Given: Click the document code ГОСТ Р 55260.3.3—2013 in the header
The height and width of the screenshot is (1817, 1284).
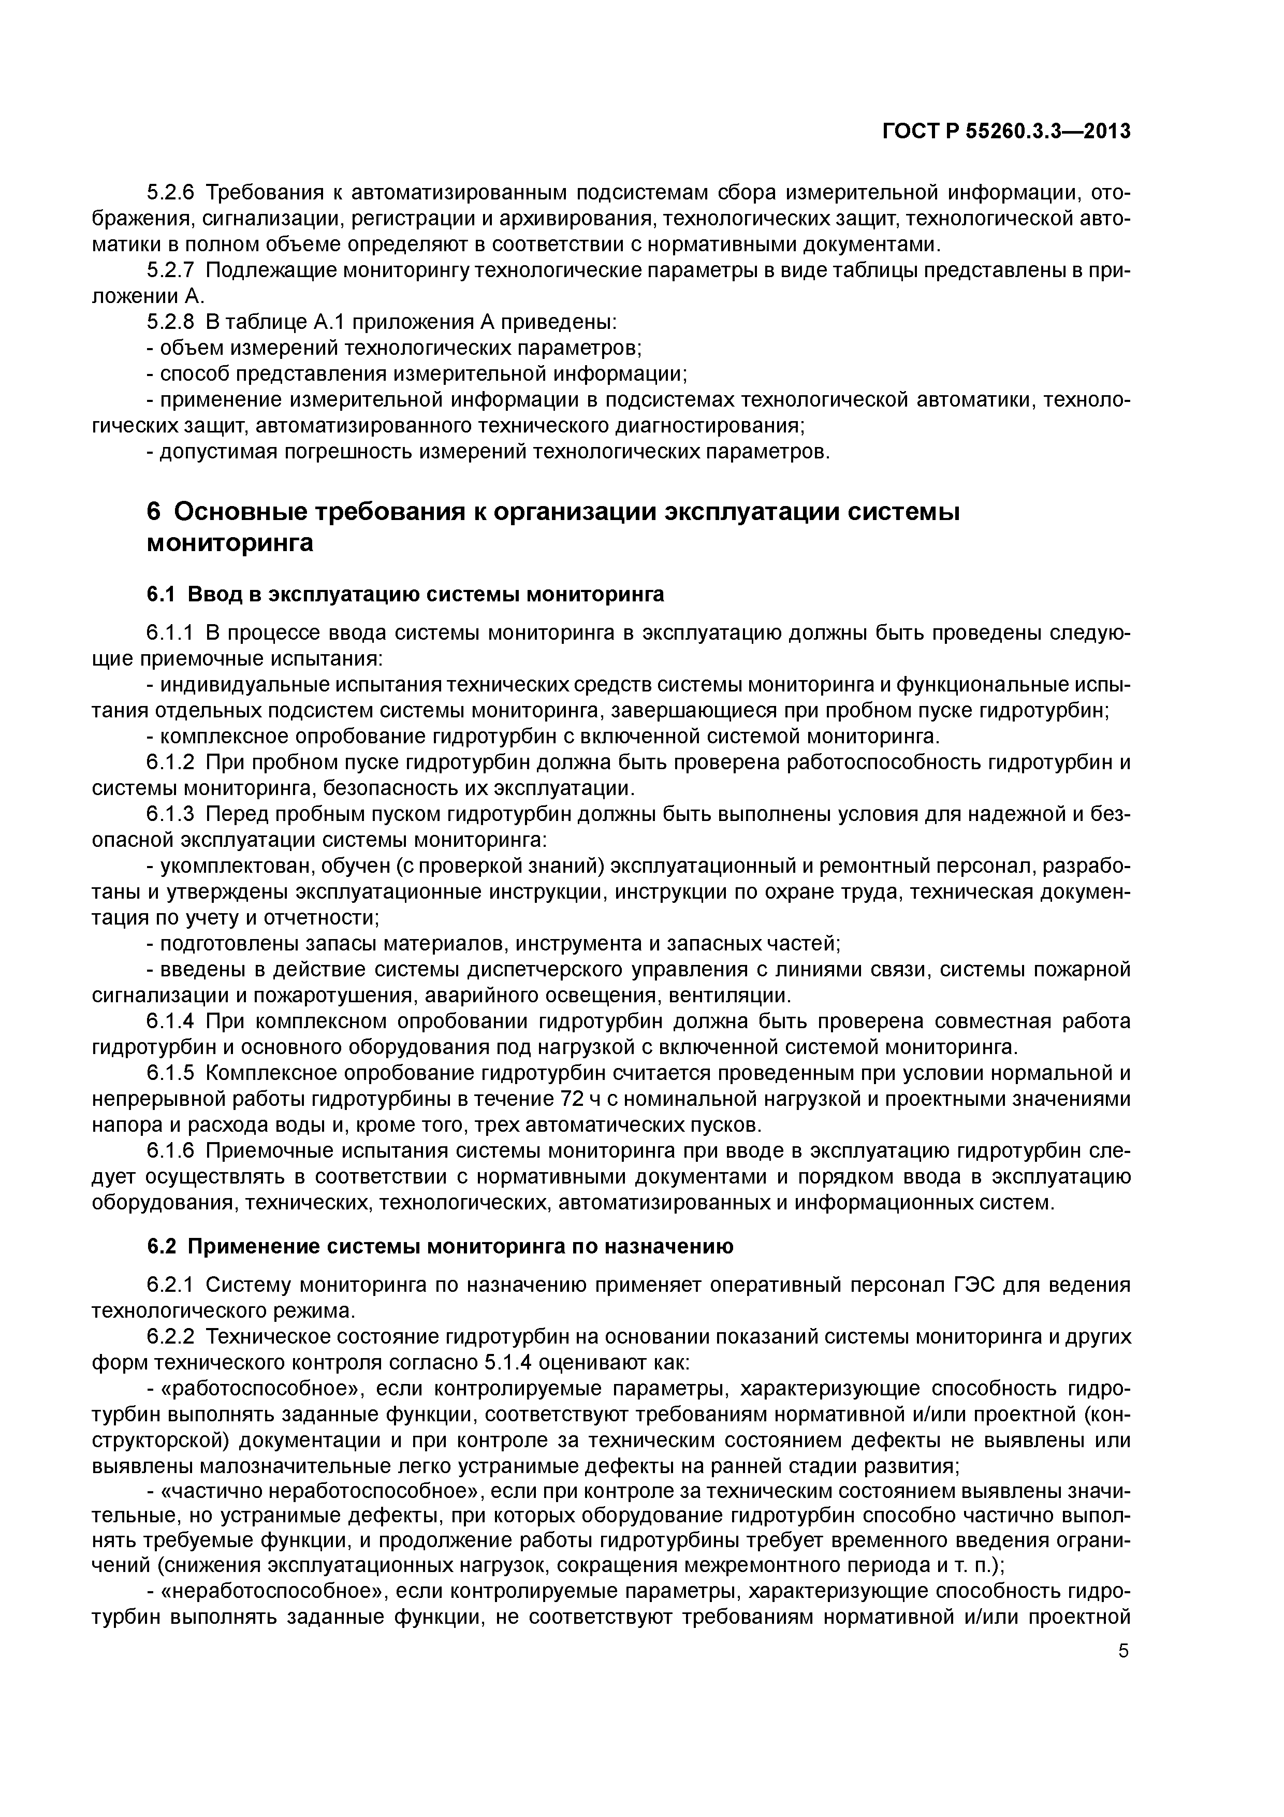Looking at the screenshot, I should coord(1005,132).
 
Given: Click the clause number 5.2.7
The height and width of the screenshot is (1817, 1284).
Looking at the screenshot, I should coord(170,271).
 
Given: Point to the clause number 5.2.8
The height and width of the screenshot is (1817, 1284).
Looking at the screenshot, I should coord(170,322).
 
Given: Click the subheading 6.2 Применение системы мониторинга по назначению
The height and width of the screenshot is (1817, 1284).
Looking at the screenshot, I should coord(440,1246).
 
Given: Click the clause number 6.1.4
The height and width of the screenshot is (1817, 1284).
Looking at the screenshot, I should coord(170,1021).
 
